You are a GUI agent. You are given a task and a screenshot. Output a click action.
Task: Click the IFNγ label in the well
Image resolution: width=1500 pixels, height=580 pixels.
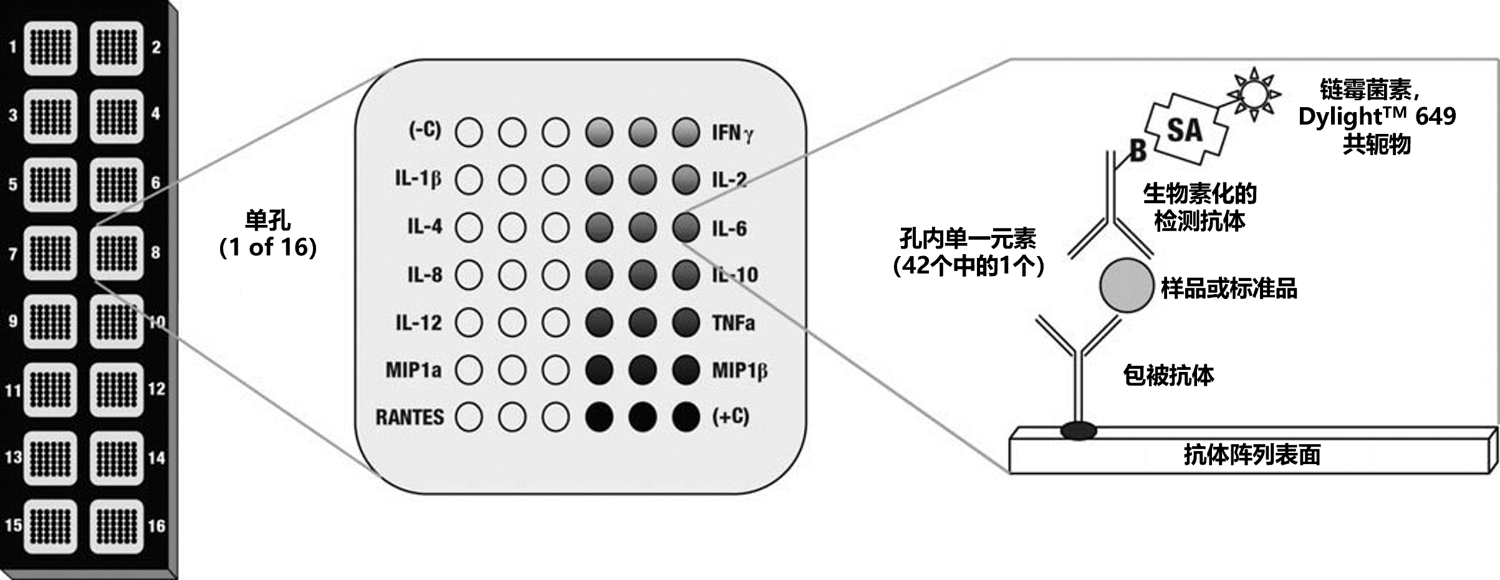click(732, 133)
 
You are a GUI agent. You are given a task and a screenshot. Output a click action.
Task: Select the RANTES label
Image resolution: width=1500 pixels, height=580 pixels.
click(410, 417)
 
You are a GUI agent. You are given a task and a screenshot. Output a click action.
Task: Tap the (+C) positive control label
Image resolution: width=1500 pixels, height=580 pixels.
click(731, 416)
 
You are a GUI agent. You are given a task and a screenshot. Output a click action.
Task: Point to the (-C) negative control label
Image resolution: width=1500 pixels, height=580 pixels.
click(425, 131)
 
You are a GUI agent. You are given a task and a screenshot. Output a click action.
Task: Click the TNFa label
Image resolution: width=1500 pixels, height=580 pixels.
click(733, 323)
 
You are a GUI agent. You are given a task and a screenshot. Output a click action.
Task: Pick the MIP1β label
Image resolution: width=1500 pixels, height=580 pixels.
click(739, 371)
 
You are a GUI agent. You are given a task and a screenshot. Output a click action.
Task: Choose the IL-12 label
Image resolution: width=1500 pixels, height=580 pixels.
click(418, 323)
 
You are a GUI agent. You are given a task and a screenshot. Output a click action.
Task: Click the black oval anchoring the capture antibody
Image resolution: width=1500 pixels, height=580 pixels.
click(1079, 429)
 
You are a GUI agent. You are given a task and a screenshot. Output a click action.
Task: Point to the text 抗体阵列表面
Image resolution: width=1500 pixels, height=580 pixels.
click(1252, 455)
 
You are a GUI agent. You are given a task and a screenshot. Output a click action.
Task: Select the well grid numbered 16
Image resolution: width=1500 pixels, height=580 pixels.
click(117, 527)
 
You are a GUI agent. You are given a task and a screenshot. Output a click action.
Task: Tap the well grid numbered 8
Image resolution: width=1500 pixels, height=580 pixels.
click(117, 254)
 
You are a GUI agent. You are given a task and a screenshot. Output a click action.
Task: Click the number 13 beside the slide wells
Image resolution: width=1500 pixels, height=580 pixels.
click(13, 457)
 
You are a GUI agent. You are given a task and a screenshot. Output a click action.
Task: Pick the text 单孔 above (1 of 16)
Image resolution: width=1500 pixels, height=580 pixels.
click(267, 221)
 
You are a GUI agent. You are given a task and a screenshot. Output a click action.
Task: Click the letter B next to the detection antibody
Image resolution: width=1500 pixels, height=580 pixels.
click(1137, 151)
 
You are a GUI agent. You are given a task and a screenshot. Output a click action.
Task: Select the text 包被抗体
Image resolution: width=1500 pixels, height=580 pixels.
click(1168, 376)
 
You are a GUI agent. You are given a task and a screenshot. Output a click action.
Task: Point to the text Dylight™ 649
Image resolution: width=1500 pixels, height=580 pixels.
click(1377, 116)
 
